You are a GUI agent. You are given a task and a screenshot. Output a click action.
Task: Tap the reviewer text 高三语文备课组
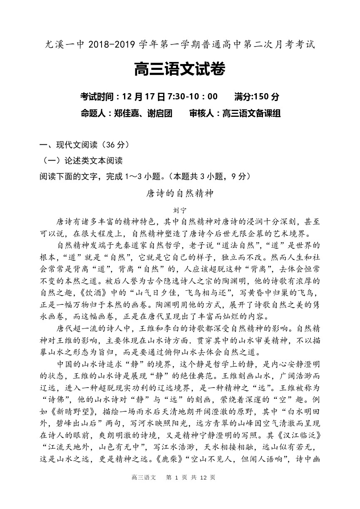click(x=251, y=114)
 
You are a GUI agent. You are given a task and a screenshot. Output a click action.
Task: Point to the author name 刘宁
click(x=180, y=210)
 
